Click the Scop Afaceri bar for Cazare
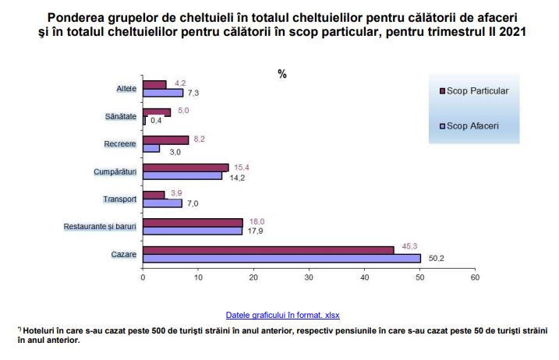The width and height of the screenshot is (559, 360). [281, 258]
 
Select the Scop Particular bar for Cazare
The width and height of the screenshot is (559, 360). [268, 249]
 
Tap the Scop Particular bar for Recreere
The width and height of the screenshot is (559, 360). [165, 139]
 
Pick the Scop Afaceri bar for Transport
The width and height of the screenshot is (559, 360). [162, 203]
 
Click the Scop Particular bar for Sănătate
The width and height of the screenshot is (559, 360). [157, 112]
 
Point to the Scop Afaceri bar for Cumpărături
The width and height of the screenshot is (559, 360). [182, 175]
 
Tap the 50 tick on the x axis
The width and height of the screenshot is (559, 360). [419, 277]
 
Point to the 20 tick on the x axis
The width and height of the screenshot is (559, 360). [253, 277]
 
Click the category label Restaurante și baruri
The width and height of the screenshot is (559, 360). [101, 227]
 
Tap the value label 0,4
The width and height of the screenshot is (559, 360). [155, 121]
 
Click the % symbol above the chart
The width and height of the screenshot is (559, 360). [282, 74]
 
